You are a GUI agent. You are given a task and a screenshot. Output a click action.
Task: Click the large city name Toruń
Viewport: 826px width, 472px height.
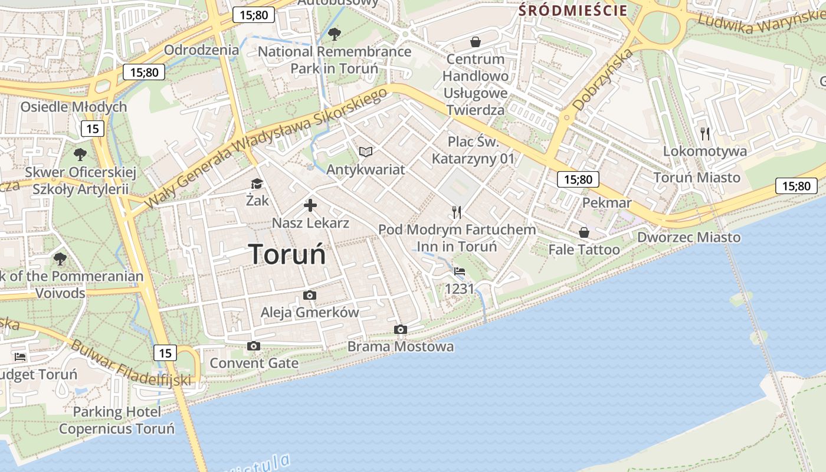point(287,254)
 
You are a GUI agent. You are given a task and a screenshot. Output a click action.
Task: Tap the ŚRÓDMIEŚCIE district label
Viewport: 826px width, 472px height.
point(572,10)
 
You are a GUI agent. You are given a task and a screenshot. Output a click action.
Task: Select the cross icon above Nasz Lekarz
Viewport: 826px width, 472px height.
point(310,205)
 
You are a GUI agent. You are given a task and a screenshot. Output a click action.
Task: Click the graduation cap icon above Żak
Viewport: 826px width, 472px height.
point(257,184)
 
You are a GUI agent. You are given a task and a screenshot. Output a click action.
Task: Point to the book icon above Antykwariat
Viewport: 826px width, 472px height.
point(366,152)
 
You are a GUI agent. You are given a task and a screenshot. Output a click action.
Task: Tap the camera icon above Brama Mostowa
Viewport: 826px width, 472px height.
point(401,329)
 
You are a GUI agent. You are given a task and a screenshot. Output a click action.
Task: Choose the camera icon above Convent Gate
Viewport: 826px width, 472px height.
point(254,346)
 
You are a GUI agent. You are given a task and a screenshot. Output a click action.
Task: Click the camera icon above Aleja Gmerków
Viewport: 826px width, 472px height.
point(310,295)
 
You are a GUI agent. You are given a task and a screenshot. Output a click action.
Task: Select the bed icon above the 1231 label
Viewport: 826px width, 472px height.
point(460,271)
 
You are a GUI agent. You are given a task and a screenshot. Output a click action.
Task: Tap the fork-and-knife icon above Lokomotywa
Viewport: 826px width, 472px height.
point(704,133)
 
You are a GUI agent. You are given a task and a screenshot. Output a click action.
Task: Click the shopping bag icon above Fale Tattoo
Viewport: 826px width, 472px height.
point(584,232)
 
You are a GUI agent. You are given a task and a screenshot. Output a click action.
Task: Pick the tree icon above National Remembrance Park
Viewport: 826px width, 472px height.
point(334,34)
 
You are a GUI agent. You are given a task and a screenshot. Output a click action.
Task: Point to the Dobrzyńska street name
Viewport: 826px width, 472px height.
point(603,79)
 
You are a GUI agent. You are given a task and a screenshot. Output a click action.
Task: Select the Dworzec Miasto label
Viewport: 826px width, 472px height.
point(689,237)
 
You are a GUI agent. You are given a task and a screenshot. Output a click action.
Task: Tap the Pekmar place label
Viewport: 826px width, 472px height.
point(607,203)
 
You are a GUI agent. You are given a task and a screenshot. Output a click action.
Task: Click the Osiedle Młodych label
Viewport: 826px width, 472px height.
point(74,107)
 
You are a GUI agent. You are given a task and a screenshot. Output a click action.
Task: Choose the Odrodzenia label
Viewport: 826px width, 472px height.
point(201,50)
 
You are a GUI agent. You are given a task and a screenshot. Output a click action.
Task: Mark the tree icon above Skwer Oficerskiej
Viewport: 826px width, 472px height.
point(80,155)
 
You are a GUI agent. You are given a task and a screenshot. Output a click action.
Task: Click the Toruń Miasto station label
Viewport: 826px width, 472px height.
point(697,177)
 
